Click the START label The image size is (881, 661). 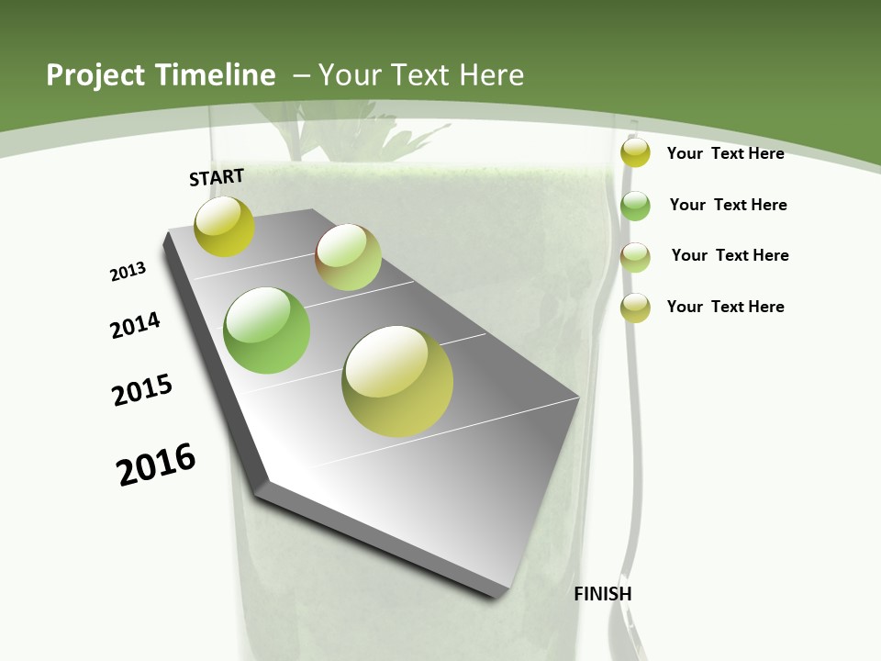tap(217, 177)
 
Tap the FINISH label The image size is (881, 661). tap(602, 594)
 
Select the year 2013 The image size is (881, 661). tap(128, 272)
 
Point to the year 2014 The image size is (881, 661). tap(135, 325)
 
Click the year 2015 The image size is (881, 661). tap(142, 390)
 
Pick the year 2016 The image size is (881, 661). tap(156, 465)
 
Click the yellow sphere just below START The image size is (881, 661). tap(224, 227)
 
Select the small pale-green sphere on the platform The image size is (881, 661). tap(349, 257)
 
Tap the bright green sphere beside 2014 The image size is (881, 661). tap(266, 330)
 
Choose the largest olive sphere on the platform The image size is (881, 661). tap(397, 381)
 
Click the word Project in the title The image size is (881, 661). tap(95, 75)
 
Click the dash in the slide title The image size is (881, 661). tap(301, 75)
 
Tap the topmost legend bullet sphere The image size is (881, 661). tap(635, 153)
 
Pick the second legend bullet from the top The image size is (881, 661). tap(635, 206)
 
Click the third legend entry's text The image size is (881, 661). tap(730, 255)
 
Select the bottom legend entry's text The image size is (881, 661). tap(725, 307)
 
